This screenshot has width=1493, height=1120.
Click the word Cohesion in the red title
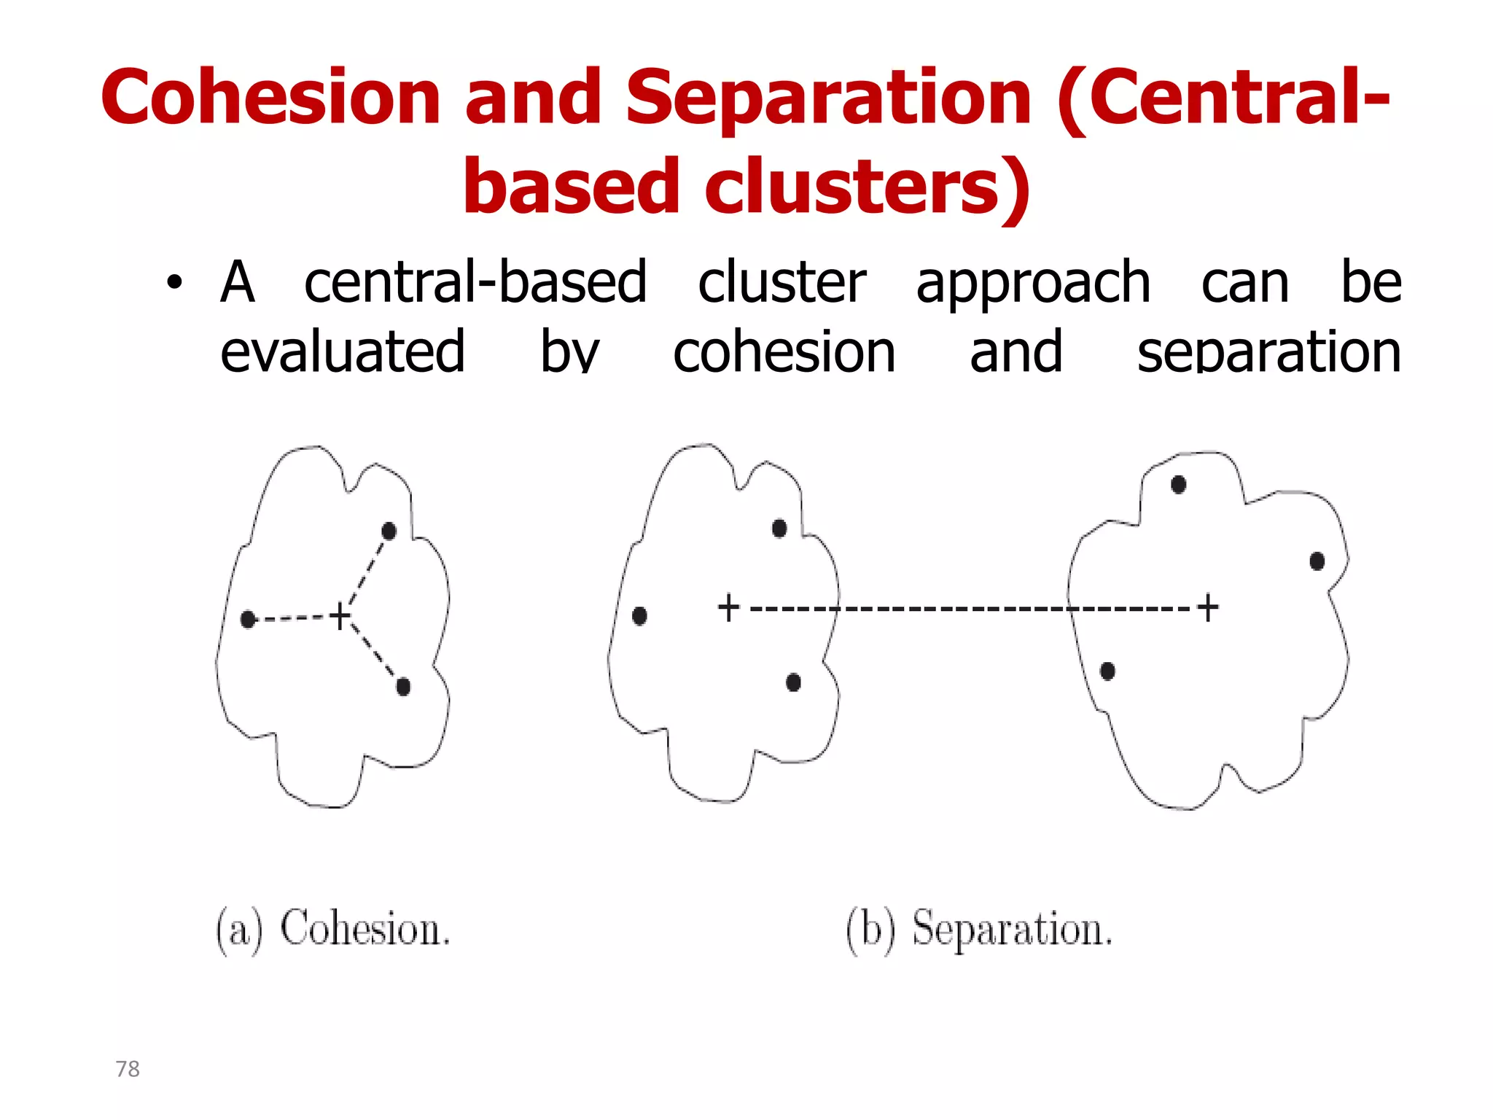270,97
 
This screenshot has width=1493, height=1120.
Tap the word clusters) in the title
868,187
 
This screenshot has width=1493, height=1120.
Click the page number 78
128,1069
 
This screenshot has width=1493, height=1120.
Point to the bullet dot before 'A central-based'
174,283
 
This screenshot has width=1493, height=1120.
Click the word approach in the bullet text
1033,283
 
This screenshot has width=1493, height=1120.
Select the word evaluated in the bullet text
343,351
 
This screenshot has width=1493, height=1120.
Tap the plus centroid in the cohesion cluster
340,615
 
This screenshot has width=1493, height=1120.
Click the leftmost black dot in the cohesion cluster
248,619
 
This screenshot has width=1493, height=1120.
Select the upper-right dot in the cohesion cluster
389,531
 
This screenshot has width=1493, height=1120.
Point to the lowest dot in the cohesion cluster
403,686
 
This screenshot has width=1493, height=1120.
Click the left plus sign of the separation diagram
728,607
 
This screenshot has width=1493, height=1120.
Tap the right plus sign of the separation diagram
1208,607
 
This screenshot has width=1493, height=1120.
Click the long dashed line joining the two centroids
970,607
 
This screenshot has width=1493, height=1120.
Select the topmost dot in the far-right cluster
1178,484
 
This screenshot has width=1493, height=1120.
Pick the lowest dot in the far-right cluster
1107,671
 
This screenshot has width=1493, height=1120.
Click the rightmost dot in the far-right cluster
1317,561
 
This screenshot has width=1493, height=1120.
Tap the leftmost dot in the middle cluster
639,616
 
